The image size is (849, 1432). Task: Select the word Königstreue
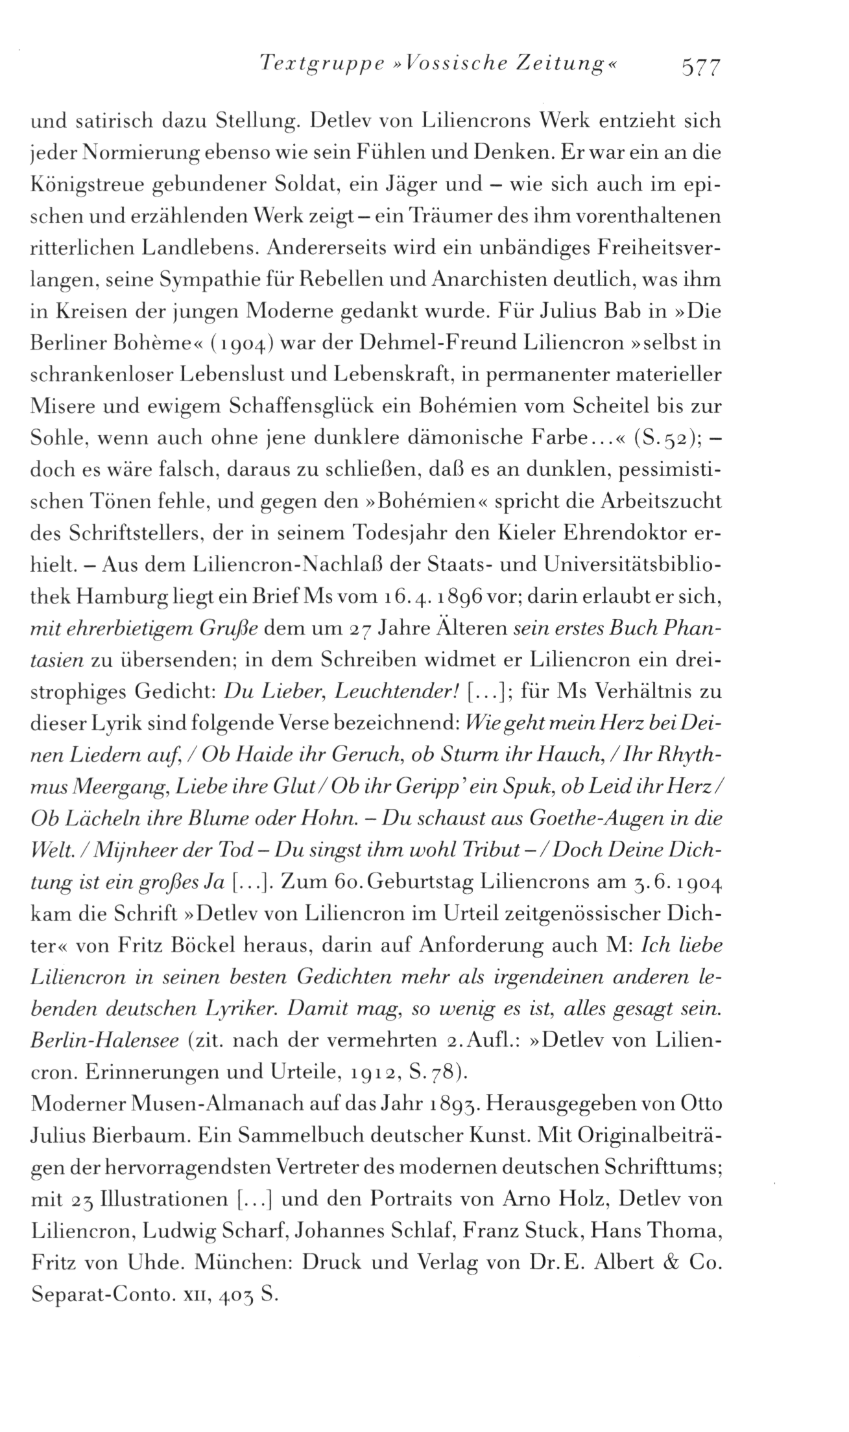(85, 184)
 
